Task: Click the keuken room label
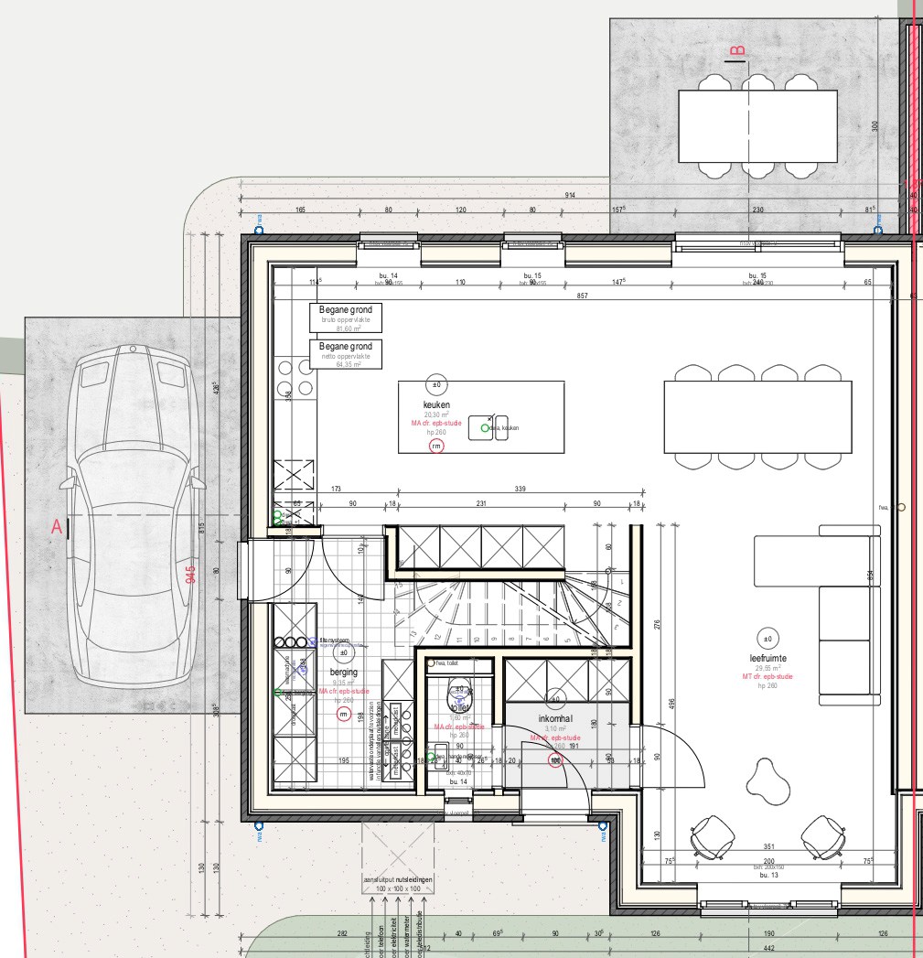[436, 404]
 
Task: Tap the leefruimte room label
[767, 658]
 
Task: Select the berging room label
[344, 672]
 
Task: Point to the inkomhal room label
[554, 718]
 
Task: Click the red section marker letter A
[57, 527]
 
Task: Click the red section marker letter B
[737, 49]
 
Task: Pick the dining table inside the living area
[757, 416]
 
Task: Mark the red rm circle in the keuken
[436, 446]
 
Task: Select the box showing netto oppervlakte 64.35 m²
[346, 353]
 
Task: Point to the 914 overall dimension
[570, 196]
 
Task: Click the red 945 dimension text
[190, 574]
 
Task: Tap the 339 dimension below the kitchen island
[521, 490]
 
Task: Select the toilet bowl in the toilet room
[459, 700]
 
